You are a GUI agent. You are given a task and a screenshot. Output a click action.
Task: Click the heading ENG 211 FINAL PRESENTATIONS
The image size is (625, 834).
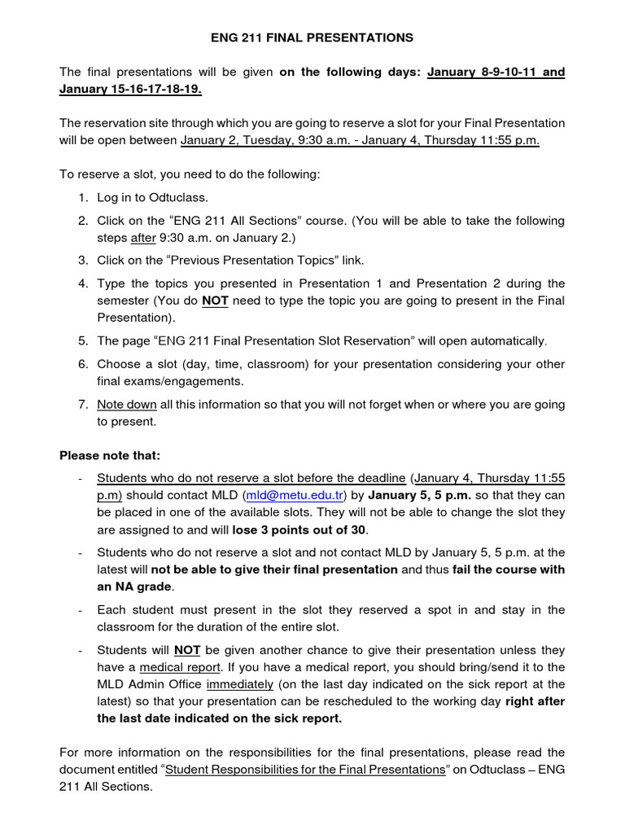[312, 37]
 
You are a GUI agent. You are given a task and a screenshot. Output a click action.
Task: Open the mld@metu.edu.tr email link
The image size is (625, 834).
[299, 495]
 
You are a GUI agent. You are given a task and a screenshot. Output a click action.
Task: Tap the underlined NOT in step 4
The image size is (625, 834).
[215, 301]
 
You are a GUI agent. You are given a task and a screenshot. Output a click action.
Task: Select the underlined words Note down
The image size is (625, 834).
[126, 404]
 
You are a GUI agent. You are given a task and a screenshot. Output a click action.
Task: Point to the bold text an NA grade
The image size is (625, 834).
[133, 586]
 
